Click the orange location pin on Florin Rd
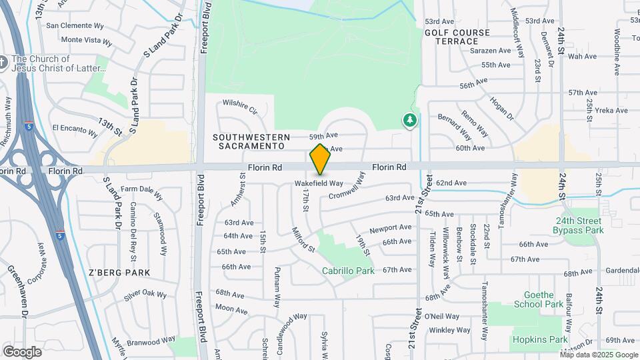320,159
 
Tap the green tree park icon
409,121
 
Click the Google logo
22,351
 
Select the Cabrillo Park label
348,271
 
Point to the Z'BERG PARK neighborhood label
119,273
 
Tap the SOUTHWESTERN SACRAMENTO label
249,141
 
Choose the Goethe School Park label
539,299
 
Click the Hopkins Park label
540,339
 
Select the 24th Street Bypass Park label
578,225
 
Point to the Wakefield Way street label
319,183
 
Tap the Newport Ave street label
390,229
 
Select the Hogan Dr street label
502,108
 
